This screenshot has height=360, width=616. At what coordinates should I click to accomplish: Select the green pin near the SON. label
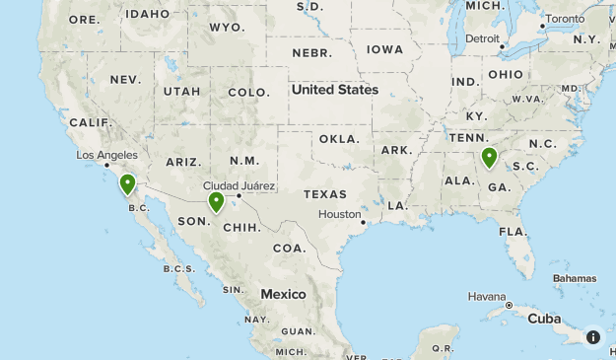216,202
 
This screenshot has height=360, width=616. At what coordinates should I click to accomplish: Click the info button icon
593,336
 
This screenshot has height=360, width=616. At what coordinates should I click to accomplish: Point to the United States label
334,90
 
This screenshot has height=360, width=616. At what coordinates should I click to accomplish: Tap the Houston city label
340,214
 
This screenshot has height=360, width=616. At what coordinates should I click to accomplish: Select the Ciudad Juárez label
239,185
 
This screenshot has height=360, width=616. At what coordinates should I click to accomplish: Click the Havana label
487,297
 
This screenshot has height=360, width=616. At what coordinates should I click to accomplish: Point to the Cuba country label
544,319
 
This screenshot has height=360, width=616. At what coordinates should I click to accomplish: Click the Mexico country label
283,294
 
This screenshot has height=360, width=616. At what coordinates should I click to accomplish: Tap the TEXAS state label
325,194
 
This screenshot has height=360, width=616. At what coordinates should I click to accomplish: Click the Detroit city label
482,38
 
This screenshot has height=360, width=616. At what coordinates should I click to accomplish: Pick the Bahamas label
574,278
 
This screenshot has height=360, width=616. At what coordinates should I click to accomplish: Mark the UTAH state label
181,92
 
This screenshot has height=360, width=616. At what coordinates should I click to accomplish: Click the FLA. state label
513,231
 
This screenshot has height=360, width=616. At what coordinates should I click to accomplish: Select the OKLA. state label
340,139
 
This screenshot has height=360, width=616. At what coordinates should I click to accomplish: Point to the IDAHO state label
148,14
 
